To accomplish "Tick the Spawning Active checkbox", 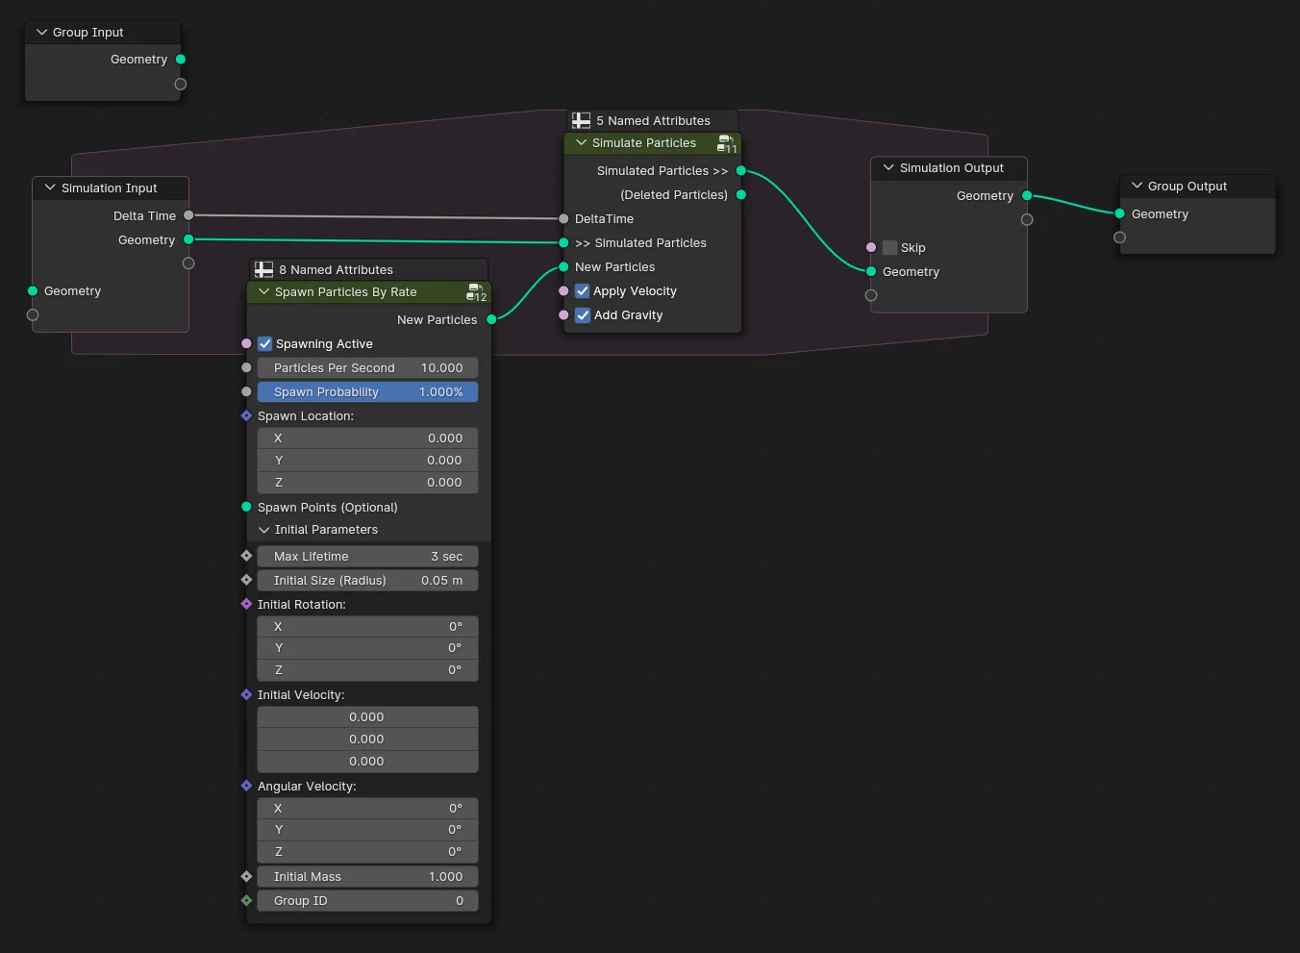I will tap(265, 344).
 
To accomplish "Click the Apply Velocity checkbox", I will tap(583, 291).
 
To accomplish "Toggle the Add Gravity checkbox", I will tap(583, 315).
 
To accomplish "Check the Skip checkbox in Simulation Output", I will tap(890, 248).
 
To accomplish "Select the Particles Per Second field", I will tap(367, 368).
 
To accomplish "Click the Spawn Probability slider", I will tap(367, 392).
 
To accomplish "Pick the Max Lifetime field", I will tap(367, 557).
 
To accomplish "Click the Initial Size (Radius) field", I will tap(367, 581).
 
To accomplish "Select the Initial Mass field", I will tap(367, 877).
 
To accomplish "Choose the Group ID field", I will tap(367, 901).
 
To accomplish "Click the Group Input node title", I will tap(88, 33).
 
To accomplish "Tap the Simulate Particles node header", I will tap(644, 143).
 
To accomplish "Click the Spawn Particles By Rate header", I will tap(346, 292).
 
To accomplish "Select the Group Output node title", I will tap(1187, 187).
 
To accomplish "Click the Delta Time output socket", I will tap(188, 215).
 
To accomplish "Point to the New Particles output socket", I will tap(491, 319).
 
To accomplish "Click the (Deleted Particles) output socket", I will tap(740, 194).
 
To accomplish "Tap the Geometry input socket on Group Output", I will tap(1119, 213).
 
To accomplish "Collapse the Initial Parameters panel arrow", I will tap(264, 530).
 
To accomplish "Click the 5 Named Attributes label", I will tap(653, 121).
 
